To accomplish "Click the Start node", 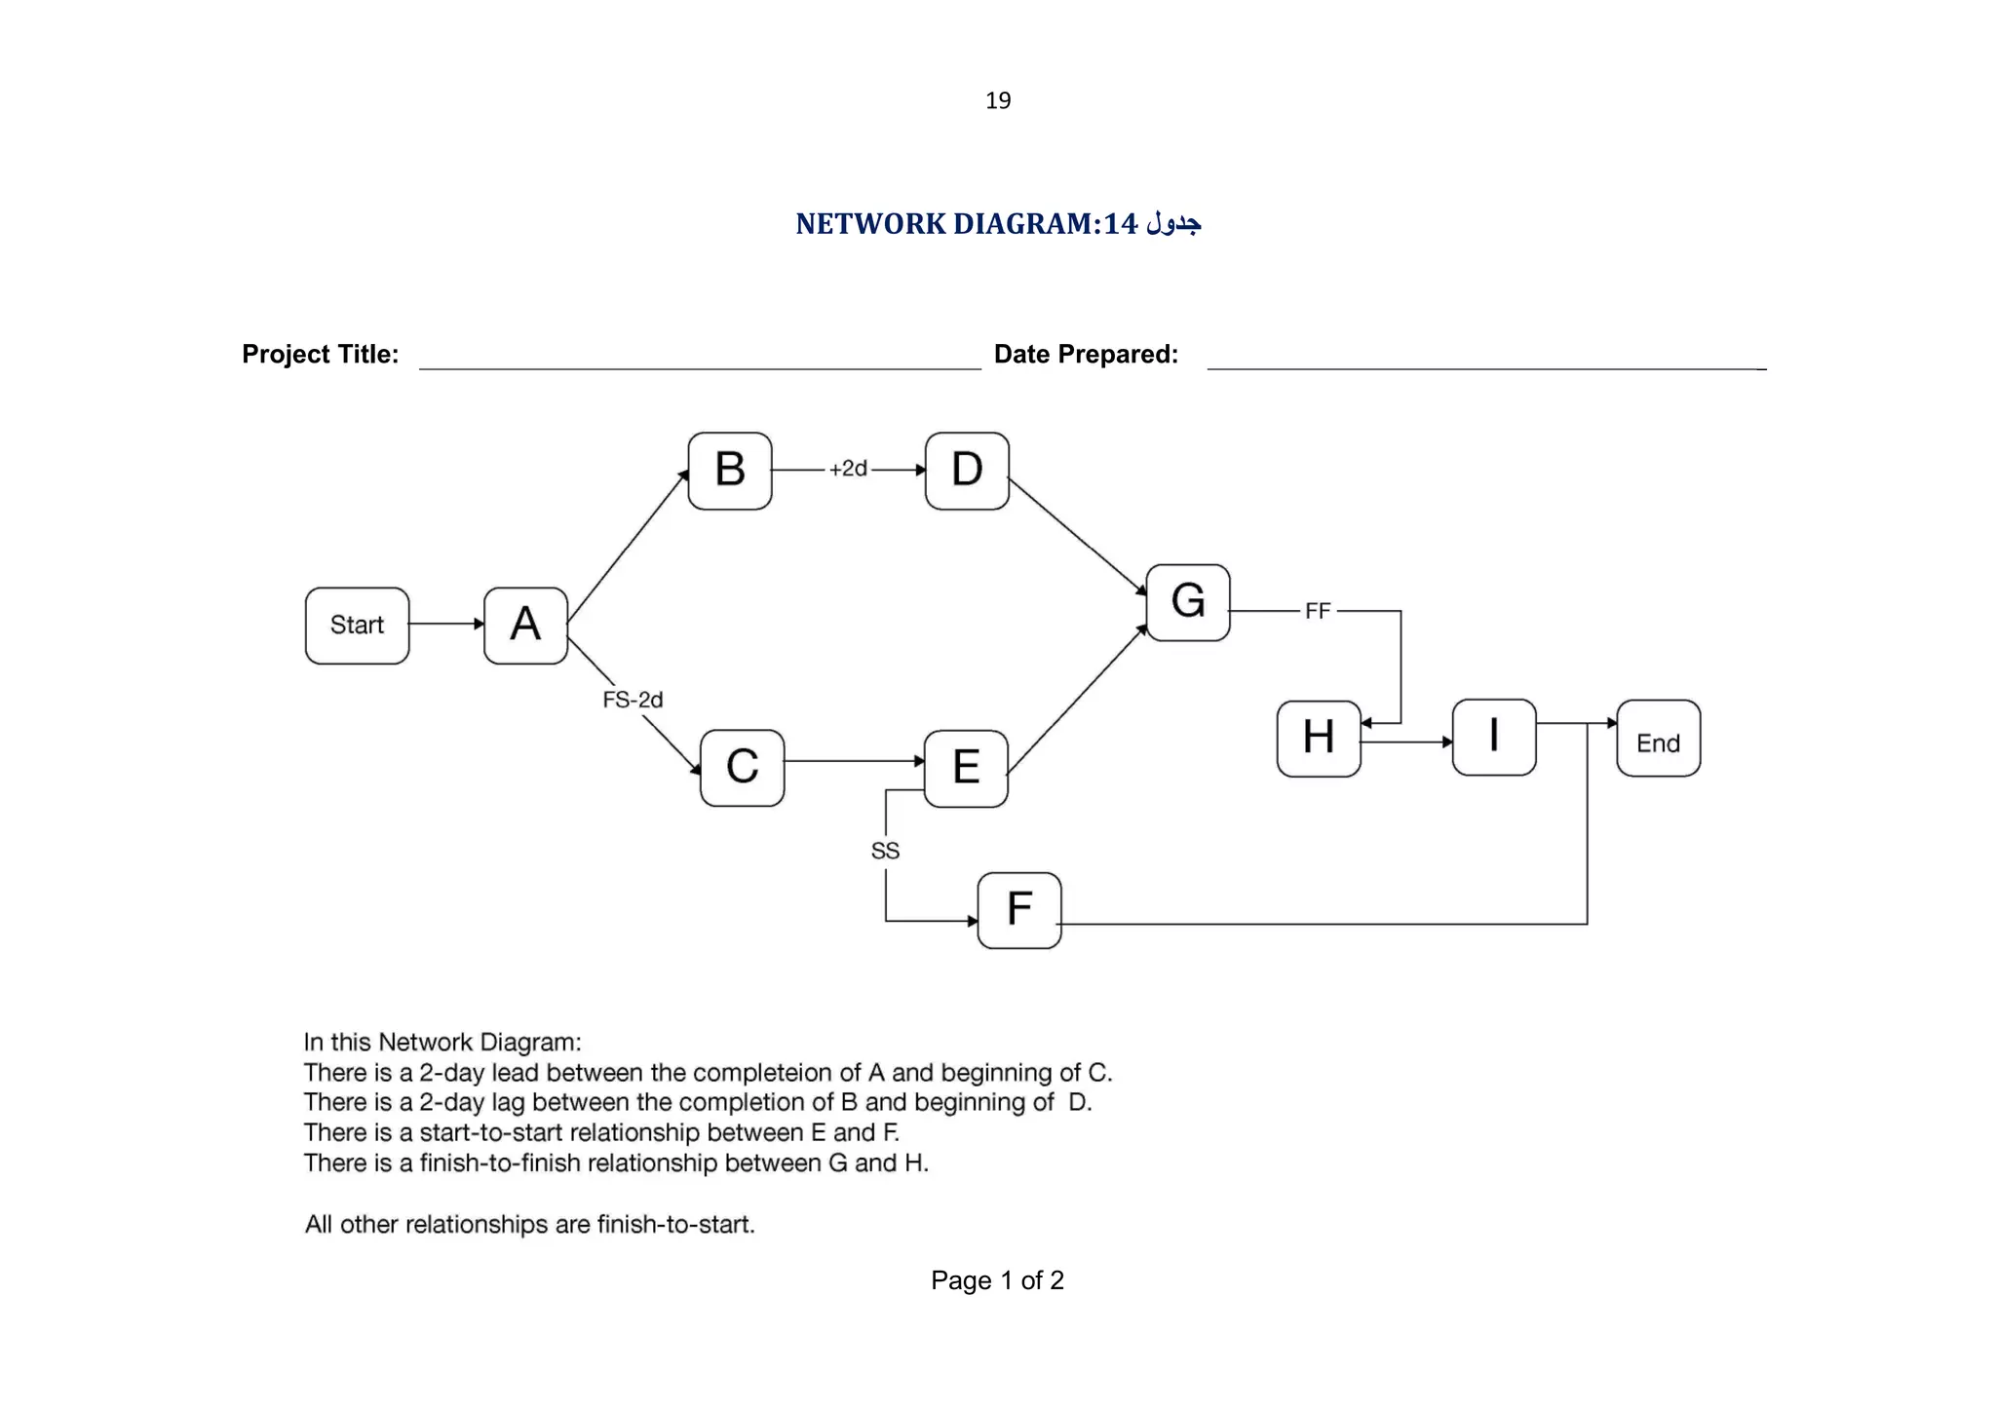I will coord(357,626).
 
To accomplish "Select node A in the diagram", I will coord(525,626).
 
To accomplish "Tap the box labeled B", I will coord(729,471).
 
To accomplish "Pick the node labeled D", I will coord(966,471).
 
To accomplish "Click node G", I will coord(1187,602).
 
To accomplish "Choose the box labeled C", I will coord(742,768).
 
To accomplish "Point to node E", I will coord(965,768).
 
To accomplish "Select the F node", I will coord(1018,910).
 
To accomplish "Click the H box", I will coord(1318,738).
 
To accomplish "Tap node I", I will coord(1493,737).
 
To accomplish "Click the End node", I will coord(1658,739).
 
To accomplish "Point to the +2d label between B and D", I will coord(848,469).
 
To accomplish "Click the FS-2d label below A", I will coord(633,700).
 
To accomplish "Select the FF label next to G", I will coord(1317,611).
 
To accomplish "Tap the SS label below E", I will coord(885,851).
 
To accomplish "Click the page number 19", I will coord(998,100).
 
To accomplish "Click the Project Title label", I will coord(320,354).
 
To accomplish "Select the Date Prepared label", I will coord(1086,354).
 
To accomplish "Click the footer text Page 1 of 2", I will coord(997,1280).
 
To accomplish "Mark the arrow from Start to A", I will coord(446,624).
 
